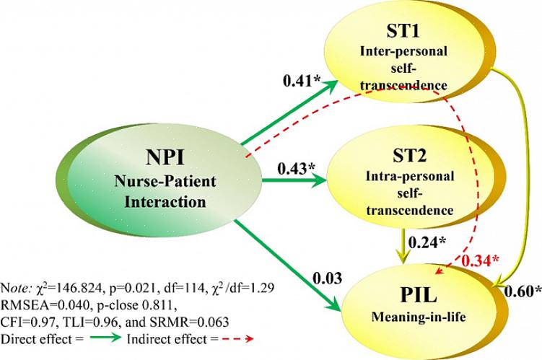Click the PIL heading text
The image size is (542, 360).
point(415,297)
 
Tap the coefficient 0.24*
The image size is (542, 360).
point(427,242)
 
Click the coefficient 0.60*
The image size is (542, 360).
point(523,291)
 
